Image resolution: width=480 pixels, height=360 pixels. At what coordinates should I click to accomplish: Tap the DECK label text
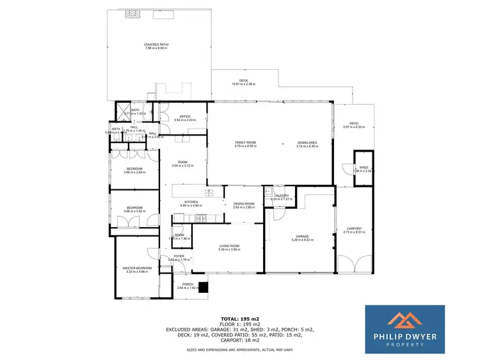point(244,81)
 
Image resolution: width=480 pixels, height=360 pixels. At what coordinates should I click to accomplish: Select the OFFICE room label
point(186,116)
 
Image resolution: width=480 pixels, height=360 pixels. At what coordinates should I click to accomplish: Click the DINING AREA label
point(307,142)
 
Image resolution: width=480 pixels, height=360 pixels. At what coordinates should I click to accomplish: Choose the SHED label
point(364,168)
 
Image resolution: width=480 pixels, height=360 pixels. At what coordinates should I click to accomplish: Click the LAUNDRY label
point(281,196)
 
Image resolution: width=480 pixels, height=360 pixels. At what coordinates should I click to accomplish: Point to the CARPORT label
point(354,228)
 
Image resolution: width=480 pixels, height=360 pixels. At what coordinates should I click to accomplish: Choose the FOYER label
point(179,256)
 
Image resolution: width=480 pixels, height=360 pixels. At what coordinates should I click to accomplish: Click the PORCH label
point(188,284)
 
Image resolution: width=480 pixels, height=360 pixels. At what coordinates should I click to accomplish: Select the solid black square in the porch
point(204,287)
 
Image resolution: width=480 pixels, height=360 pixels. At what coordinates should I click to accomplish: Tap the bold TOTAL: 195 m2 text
point(240,318)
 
